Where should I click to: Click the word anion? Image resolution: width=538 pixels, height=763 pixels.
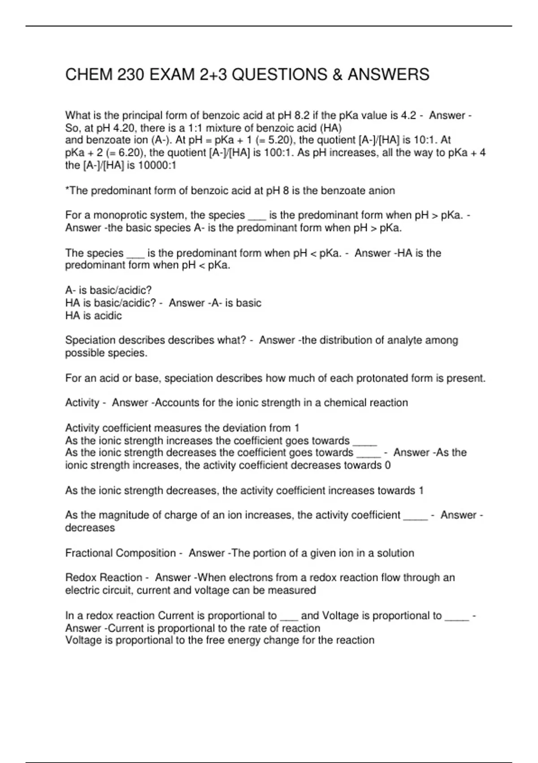[382, 191]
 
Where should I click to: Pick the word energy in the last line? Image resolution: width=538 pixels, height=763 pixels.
[242, 640]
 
